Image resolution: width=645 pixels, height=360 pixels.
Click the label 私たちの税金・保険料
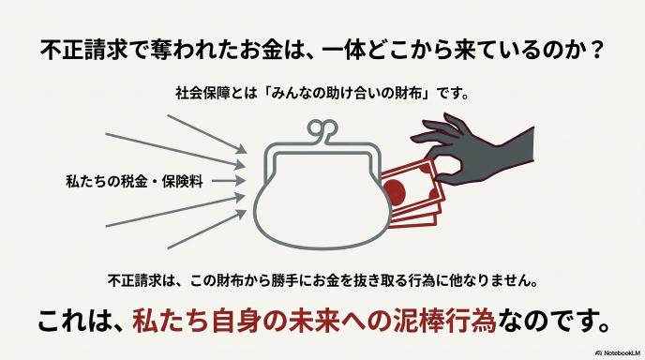point(134,181)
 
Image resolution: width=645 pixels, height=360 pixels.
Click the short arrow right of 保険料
point(229,181)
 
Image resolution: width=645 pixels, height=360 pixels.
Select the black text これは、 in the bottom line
point(82,322)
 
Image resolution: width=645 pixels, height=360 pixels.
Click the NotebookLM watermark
point(618,353)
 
